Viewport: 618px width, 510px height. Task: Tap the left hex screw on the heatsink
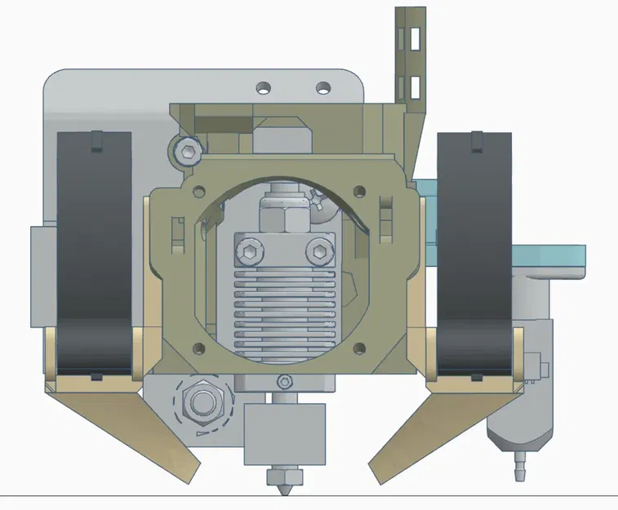248,250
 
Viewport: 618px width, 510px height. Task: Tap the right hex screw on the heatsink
321,250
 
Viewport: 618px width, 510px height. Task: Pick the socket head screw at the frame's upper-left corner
187,151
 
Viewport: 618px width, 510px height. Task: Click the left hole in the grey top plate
263,86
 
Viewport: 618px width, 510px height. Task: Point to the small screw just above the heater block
283,381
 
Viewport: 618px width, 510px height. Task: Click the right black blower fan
474,253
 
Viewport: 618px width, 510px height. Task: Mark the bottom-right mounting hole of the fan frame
361,349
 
